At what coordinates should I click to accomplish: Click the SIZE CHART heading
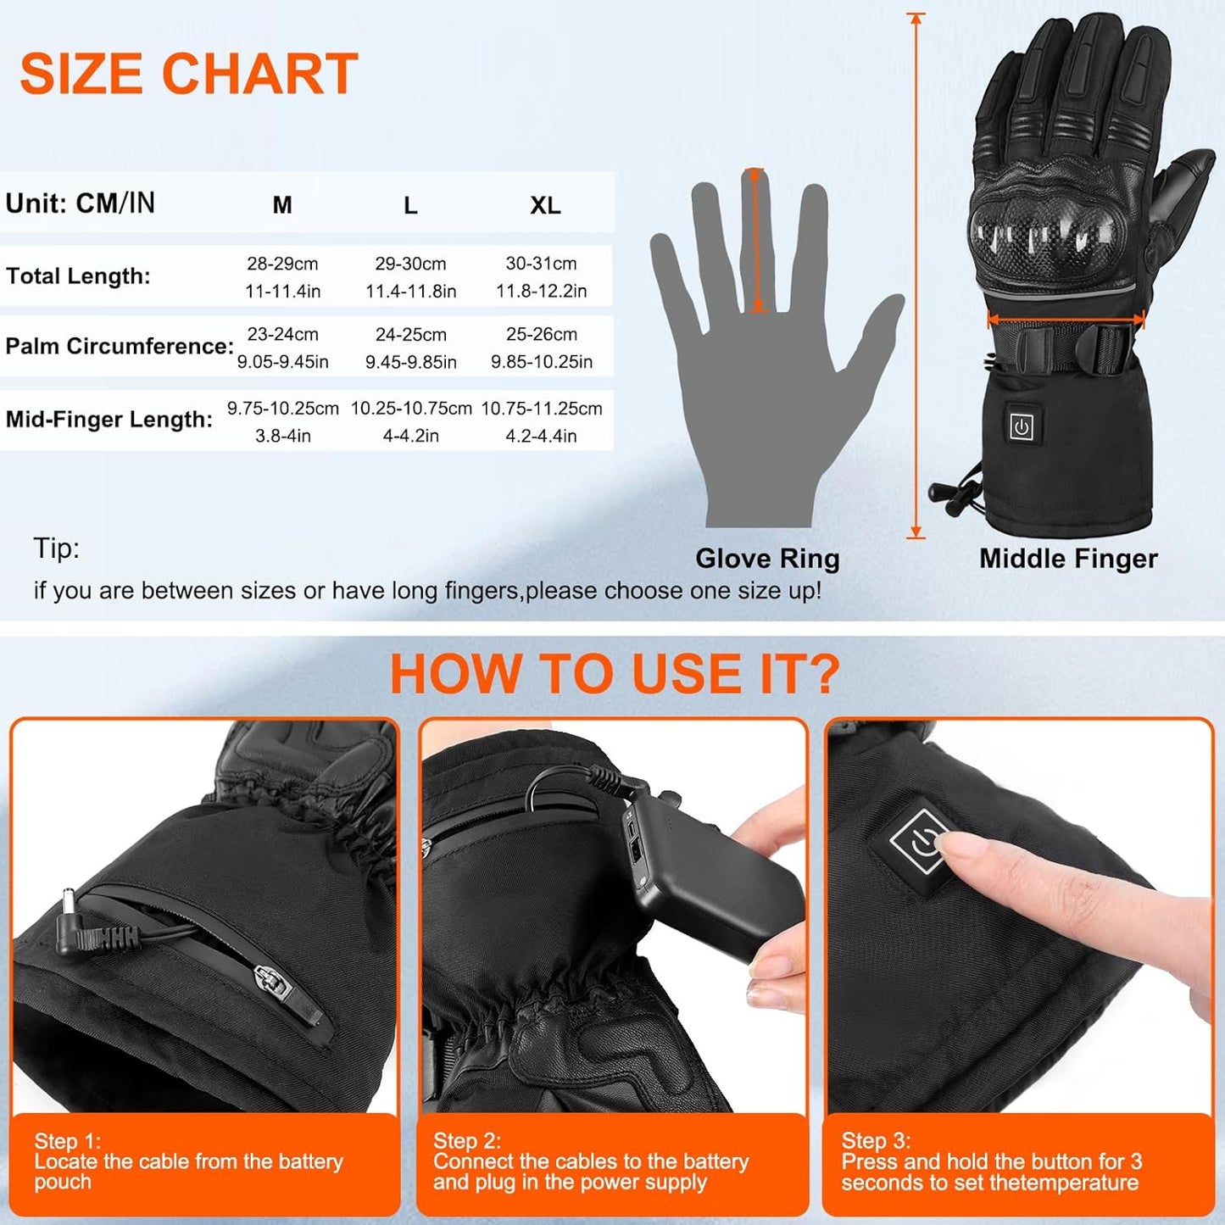click(x=189, y=73)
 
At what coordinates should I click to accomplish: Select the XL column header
click(x=545, y=205)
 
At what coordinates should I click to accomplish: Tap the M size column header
click(x=282, y=204)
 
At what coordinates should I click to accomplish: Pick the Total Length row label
click(x=78, y=276)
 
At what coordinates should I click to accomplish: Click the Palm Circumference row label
click(x=120, y=346)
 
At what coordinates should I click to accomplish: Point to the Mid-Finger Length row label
click(x=109, y=419)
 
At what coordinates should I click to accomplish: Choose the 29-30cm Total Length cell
click(x=410, y=263)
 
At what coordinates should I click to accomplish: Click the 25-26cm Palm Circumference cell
click(x=542, y=334)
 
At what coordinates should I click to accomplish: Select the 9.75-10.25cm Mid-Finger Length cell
click(x=283, y=408)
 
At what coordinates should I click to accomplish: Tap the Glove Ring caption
click(x=767, y=559)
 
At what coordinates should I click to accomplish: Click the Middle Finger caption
click(x=1068, y=559)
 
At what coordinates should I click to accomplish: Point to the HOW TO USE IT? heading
click(x=615, y=673)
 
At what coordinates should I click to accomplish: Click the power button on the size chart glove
click(x=1022, y=426)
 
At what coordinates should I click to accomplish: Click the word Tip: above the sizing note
click(x=57, y=548)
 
